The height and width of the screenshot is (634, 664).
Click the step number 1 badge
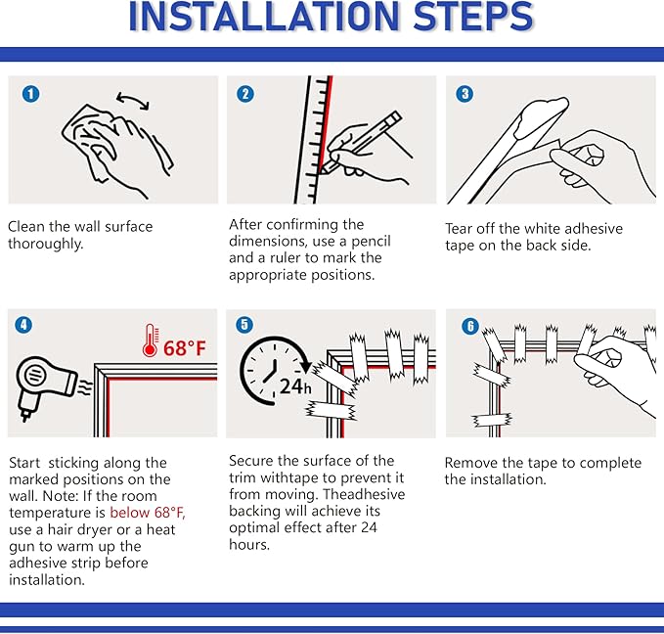31,94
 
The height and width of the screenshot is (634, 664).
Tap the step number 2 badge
245,94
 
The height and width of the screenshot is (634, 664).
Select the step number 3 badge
465,94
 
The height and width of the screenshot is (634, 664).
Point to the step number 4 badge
23,325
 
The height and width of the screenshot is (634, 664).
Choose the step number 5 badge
244,325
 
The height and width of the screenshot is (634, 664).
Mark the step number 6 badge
470,326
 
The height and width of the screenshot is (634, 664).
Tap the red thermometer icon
151,340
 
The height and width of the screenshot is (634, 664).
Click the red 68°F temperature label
185,348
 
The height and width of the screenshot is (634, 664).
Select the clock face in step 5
271,369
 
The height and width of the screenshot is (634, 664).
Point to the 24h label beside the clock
295,386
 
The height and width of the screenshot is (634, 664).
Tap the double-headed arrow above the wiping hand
133,101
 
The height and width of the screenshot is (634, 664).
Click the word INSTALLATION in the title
265,17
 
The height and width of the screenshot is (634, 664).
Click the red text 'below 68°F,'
148,513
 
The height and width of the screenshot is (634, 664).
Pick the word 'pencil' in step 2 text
371,242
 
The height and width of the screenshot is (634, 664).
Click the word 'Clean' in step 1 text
26,226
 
